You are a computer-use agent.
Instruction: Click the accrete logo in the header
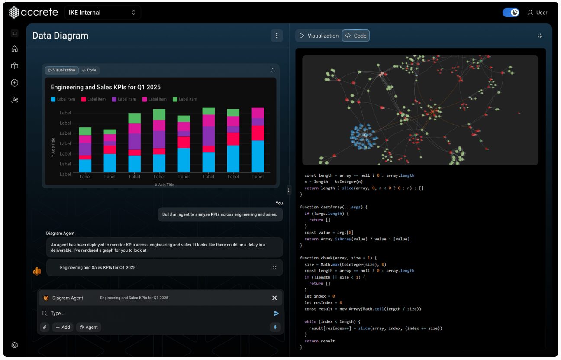[33, 12]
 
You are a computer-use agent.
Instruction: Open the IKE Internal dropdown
[103, 13]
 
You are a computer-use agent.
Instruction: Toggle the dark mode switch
[511, 13]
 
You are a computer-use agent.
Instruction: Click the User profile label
[537, 13]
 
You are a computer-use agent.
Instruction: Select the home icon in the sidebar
[15, 49]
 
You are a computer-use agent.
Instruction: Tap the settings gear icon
[15, 345]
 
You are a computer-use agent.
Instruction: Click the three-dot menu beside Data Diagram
[277, 36]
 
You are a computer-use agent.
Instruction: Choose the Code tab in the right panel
[355, 36]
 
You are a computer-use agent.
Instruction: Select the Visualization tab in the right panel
[319, 36]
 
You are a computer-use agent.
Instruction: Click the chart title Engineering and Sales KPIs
[106, 87]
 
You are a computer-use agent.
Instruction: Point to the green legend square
[175, 99]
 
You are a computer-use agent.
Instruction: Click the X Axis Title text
[164, 185]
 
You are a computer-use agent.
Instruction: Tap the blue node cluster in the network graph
[363, 136]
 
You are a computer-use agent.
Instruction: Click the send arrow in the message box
[276, 313]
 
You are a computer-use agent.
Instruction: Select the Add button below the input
[63, 327]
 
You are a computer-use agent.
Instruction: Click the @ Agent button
[88, 327]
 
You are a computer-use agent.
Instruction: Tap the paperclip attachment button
[45, 327]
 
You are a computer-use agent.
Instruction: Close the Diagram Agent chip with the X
[274, 298]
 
